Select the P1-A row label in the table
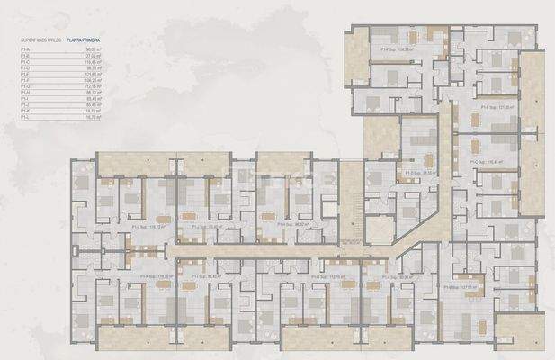[x=25, y=50]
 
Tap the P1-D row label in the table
[x=25, y=67]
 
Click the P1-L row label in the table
[x=25, y=118]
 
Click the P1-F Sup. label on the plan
[x=397, y=49]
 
